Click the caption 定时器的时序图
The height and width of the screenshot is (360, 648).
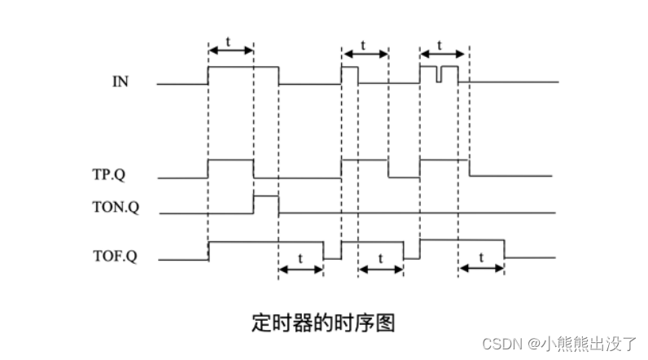[324, 322]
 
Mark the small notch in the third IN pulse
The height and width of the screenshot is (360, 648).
[439, 76]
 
